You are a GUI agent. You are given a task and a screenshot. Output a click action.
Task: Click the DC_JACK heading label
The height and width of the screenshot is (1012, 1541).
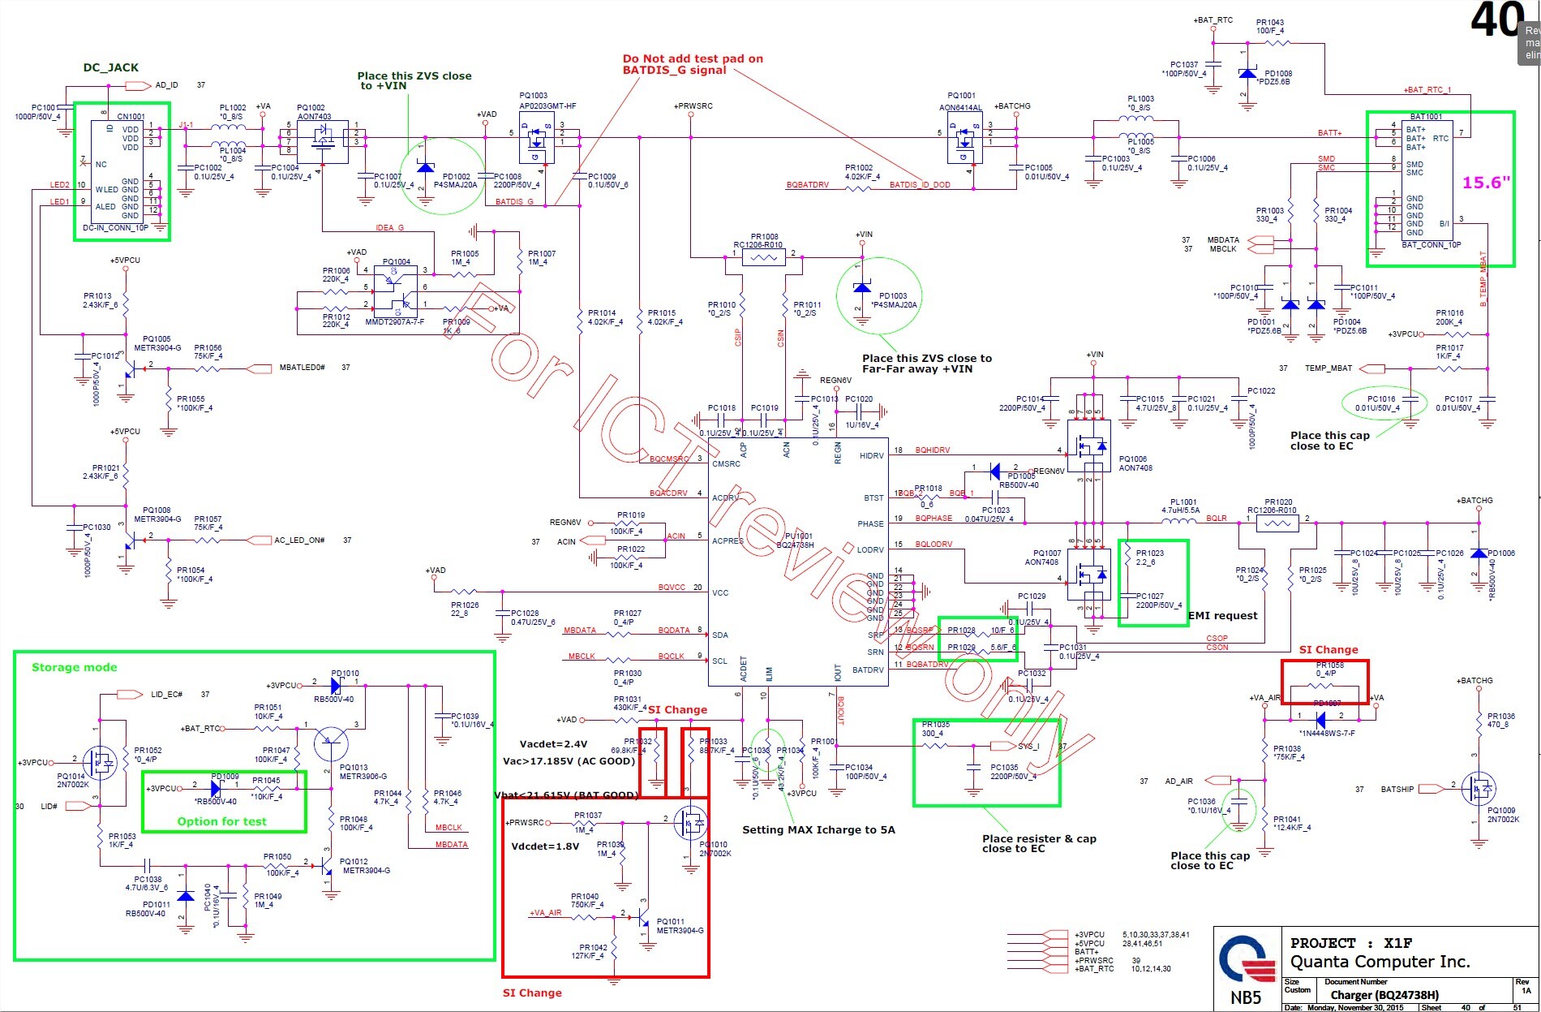(x=110, y=67)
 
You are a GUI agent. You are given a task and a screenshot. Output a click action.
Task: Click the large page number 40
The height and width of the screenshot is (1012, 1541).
(x=1497, y=19)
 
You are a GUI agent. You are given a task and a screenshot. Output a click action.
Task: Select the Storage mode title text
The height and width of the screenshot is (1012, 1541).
(x=74, y=667)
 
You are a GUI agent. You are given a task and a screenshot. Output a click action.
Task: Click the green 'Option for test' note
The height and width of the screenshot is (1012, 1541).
(x=221, y=821)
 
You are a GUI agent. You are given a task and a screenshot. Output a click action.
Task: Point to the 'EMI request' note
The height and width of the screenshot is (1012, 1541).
(x=1222, y=615)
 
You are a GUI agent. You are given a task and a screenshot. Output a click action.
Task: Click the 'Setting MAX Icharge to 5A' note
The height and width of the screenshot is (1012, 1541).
(x=818, y=829)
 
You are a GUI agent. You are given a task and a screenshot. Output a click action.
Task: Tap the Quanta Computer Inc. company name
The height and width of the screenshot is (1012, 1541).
(x=1380, y=962)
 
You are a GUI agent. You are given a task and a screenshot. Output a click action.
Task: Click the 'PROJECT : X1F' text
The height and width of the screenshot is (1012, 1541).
(x=1351, y=943)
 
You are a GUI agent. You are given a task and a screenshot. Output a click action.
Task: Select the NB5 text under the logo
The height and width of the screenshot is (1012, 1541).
(x=1246, y=998)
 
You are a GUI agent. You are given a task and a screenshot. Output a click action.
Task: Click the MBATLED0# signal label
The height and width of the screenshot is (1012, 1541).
(x=302, y=368)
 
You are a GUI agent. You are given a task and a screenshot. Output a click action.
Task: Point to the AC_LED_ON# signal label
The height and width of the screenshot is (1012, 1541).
(x=299, y=540)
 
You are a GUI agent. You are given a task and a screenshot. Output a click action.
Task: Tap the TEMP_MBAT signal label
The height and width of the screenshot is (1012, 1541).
(x=1328, y=368)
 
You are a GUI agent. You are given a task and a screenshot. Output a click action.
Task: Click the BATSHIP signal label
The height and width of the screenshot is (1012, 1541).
(x=1397, y=789)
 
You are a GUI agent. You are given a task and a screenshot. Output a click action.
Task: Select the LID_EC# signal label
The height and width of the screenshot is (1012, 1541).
(x=166, y=695)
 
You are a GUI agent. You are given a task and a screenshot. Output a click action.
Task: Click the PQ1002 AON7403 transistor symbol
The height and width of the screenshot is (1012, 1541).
(x=323, y=141)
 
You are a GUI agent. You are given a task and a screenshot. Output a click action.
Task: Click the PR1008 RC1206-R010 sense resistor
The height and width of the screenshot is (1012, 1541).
(x=764, y=258)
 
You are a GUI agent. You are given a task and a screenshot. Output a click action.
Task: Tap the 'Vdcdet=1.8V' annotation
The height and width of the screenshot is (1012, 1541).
(x=545, y=846)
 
